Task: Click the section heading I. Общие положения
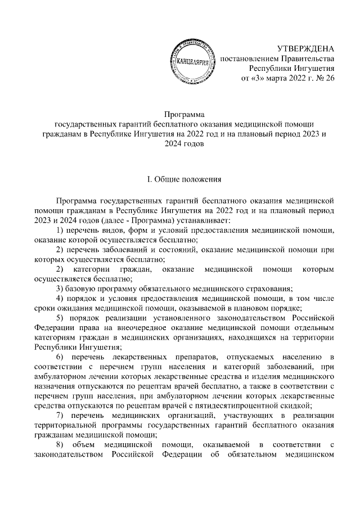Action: point(180,180)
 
